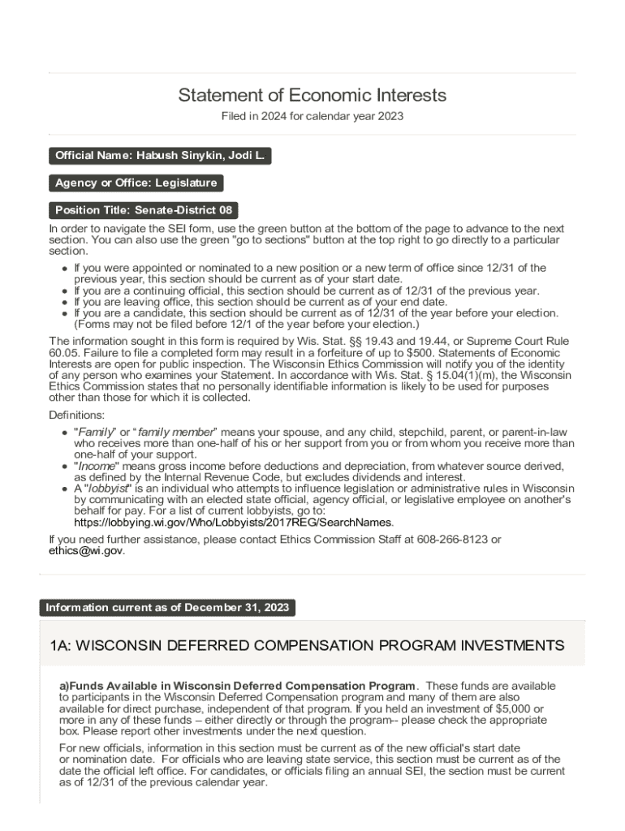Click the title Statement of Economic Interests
click(x=312, y=96)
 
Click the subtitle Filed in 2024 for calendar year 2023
click(x=312, y=117)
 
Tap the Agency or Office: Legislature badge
click(x=136, y=183)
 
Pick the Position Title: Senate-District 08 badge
click(x=144, y=210)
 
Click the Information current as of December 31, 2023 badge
click(x=167, y=608)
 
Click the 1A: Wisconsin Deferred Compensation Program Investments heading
click(x=307, y=646)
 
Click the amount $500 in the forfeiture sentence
click(x=390, y=353)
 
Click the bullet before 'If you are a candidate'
click(x=65, y=313)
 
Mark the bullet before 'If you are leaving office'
click(x=65, y=302)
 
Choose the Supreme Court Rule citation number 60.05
click(x=62, y=353)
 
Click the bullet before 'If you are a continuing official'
click(x=65, y=291)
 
